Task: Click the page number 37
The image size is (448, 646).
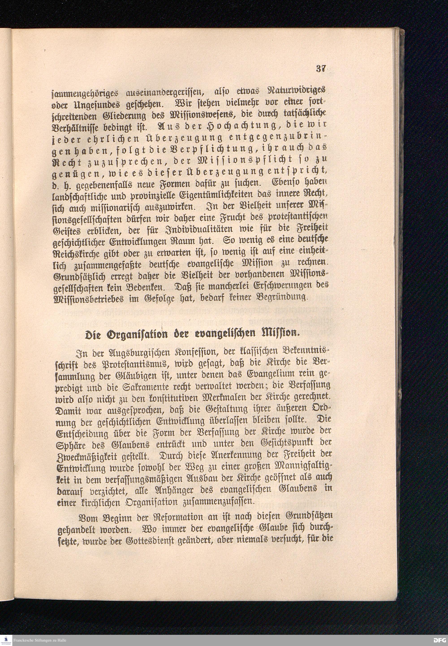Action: click(321, 69)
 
